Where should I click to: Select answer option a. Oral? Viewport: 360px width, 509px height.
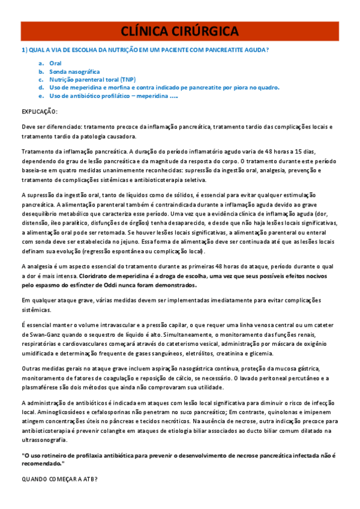point(55,63)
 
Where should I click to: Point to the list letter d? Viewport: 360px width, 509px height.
point(40,87)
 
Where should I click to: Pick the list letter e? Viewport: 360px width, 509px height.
point(40,95)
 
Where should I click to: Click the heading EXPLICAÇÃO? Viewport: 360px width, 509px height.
point(40,112)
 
